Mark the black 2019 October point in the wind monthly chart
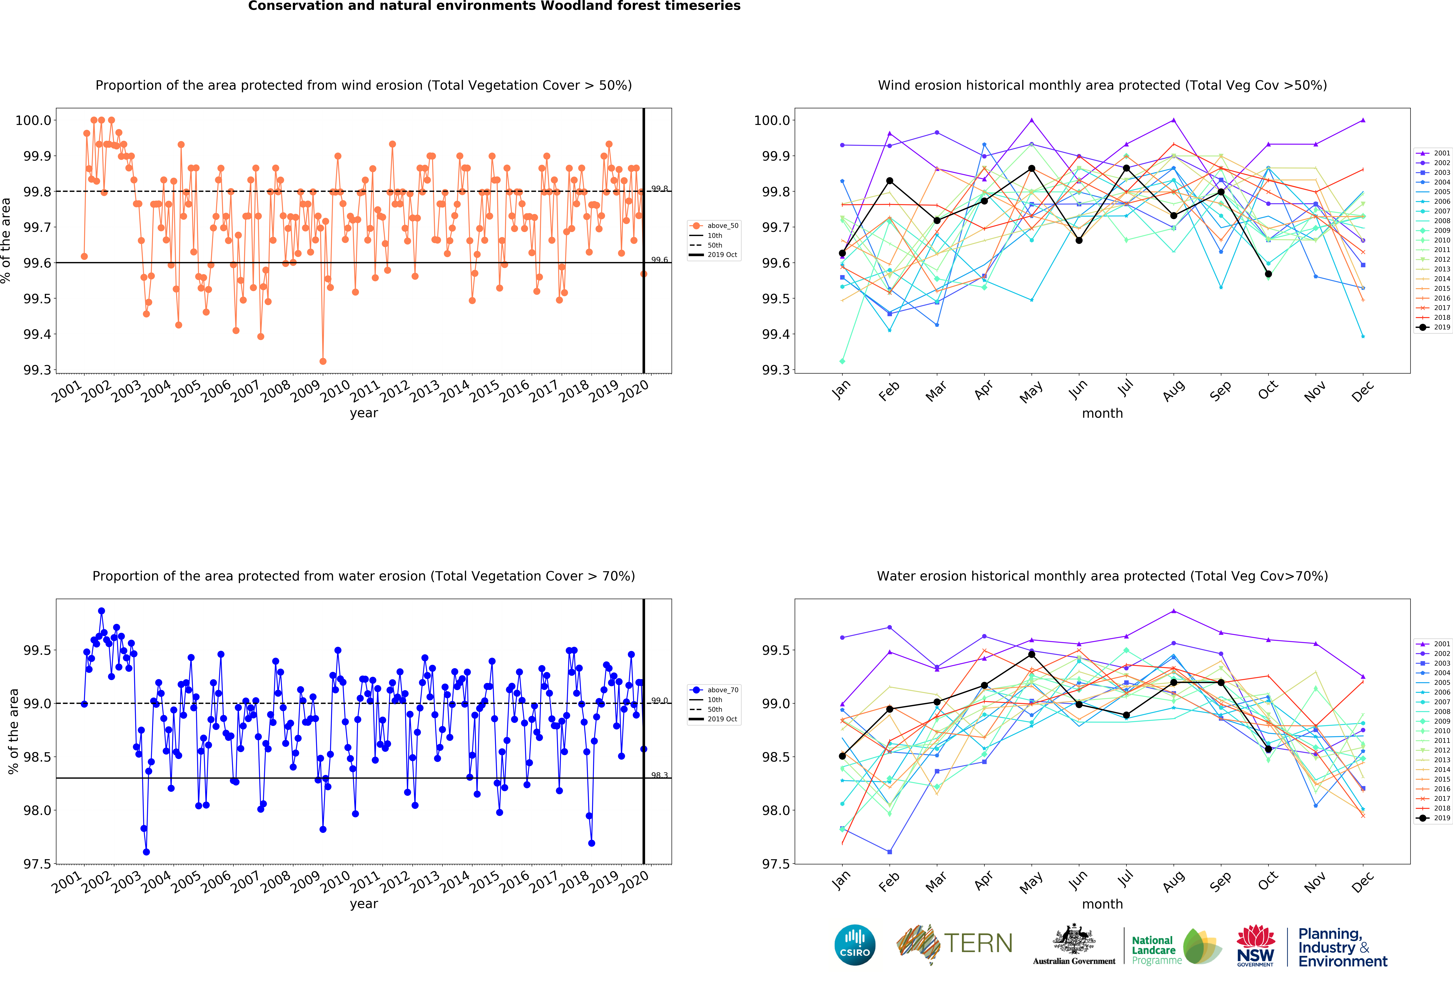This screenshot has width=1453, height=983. pyautogui.click(x=1268, y=274)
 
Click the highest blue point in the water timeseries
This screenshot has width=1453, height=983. pyautogui.click(x=101, y=611)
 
